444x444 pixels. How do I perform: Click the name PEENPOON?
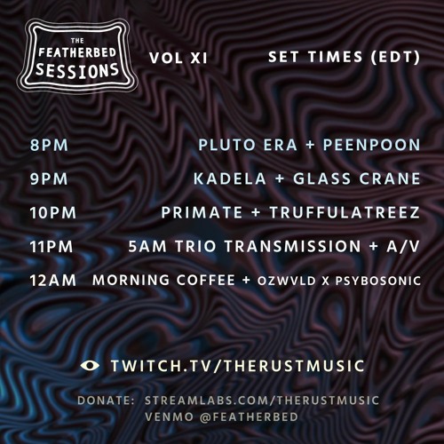point(373,145)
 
